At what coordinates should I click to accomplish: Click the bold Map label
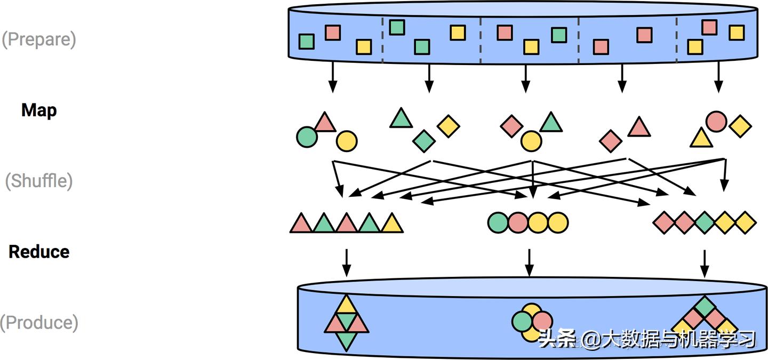(39, 110)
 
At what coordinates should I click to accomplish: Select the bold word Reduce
(39, 252)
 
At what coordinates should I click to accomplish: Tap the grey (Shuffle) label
(38, 181)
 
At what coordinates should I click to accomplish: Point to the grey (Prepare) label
(38, 39)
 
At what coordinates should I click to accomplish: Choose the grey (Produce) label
(39, 323)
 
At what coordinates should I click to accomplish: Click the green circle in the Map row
(307, 137)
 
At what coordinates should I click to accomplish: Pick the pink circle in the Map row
(716, 122)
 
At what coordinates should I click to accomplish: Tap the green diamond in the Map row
(424, 141)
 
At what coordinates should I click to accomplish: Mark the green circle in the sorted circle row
(498, 222)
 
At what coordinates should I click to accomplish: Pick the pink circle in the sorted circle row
(518, 222)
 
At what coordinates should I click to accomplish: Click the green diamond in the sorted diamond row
(705, 222)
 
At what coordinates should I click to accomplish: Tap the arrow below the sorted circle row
(529, 262)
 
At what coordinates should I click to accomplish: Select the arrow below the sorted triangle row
(347, 262)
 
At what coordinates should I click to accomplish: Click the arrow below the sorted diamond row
(705, 262)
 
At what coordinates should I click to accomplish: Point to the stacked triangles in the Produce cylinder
(347, 322)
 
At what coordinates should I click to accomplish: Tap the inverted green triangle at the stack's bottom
(347, 340)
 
